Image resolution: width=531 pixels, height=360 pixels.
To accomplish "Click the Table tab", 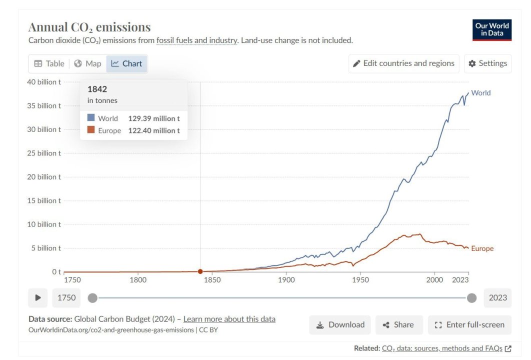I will [49, 63].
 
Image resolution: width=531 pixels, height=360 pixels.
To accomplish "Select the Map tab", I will [87, 63].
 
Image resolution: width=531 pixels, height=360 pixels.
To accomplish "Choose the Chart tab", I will [127, 63].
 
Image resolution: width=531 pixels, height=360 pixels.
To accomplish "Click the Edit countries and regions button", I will [403, 63].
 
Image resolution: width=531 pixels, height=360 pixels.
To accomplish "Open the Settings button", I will [487, 63].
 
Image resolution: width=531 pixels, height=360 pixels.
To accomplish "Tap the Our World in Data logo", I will [491, 29].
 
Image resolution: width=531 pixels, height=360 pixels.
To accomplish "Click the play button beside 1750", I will [38, 298].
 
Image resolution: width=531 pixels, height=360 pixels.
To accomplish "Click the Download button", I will [340, 325].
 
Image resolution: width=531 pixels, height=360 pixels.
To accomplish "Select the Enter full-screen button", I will [469, 325].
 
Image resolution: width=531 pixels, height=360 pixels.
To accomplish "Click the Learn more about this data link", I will [229, 319].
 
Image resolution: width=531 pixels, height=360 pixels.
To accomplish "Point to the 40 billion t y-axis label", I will [45, 82].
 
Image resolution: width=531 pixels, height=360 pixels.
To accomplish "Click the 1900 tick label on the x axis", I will [286, 280].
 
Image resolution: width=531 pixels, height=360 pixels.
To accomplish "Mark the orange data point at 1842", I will [200, 271].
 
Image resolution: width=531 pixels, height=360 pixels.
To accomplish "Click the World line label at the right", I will [480, 93].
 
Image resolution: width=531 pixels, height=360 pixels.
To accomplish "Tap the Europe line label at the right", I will [482, 248].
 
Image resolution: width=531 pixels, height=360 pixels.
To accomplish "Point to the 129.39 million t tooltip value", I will [153, 118].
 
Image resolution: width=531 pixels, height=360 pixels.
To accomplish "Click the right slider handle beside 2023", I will [471, 298].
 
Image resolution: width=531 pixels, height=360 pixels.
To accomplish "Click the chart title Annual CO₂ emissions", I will [89, 27].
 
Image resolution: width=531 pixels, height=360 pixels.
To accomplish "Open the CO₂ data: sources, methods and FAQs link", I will [442, 348].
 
